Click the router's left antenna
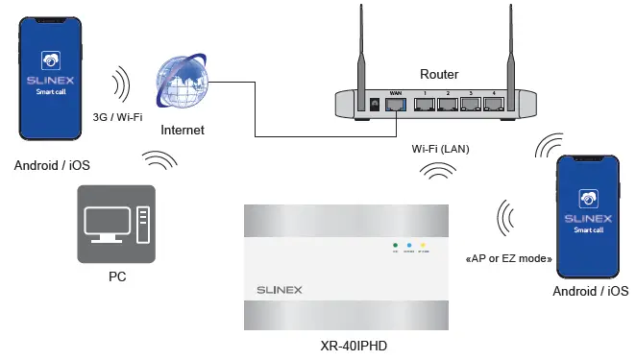363,48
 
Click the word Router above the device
439,74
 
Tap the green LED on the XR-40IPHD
394,247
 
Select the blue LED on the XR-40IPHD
409,247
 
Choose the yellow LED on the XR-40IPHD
425,247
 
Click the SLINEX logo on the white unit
285,288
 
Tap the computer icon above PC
115,225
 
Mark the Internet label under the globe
183,130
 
